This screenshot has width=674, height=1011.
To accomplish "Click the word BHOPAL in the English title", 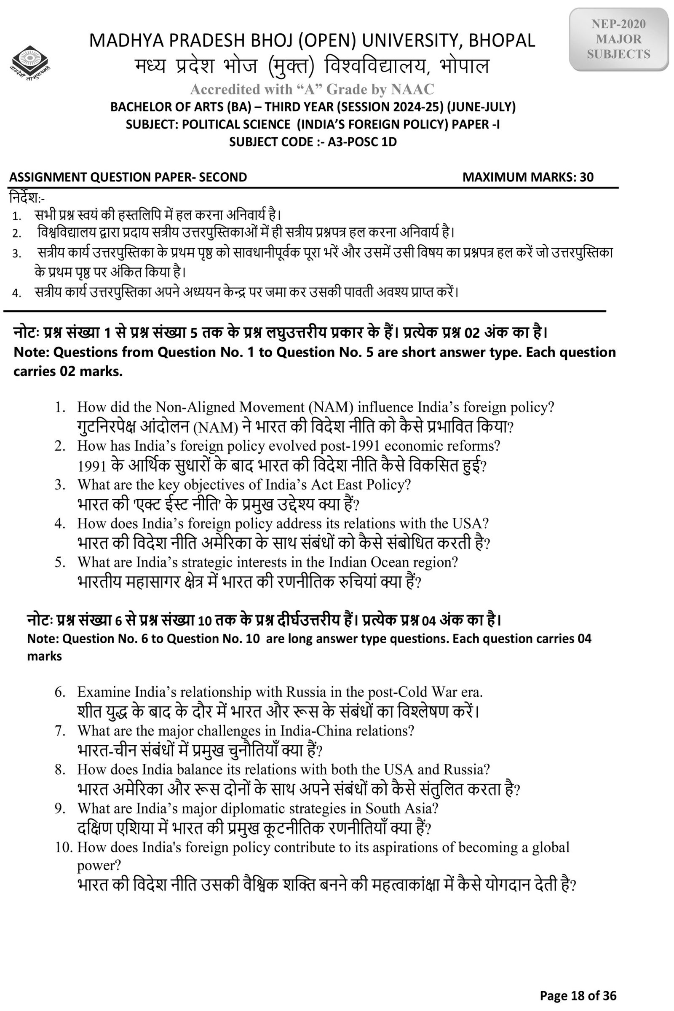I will (x=502, y=41).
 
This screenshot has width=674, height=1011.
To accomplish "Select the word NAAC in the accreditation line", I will (x=412, y=89).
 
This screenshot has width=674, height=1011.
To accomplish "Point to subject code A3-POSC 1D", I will (x=362, y=142).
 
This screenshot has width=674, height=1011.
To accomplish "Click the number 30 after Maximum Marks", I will (x=586, y=177).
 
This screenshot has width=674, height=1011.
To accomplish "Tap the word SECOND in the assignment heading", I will (x=223, y=177).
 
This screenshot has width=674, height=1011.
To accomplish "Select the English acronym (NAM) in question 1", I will (x=331, y=407).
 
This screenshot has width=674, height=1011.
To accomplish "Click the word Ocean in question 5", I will (x=389, y=562).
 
